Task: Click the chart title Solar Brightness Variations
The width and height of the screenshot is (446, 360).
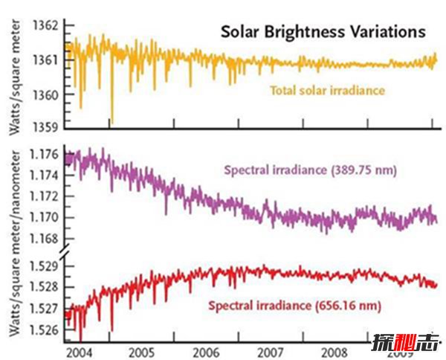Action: pyautogui.click(x=322, y=33)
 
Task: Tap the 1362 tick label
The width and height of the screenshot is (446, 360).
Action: pyautogui.click(x=45, y=25)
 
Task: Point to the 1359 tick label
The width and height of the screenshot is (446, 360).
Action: pyautogui.click(x=45, y=127)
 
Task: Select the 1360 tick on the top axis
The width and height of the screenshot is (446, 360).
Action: pyautogui.click(x=45, y=94)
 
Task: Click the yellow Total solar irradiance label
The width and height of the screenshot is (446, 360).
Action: pyautogui.click(x=327, y=91)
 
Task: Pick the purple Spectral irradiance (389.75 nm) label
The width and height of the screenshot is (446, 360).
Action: pyautogui.click(x=311, y=170)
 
